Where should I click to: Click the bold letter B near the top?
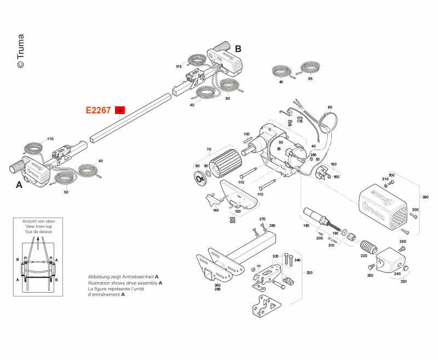(x=238, y=49)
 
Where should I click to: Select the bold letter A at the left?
(x=19, y=185)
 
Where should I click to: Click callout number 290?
(x=425, y=197)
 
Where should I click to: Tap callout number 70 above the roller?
(x=209, y=149)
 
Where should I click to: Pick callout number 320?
(x=309, y=272)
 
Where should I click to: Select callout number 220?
(x=364, y=255)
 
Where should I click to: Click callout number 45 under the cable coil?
(x=281, y=82)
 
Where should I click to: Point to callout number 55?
(x=310, y=79)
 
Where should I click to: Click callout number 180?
(x=306, y=226)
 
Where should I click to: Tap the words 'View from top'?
(x=38, y=226)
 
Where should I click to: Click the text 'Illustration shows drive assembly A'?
(x=125, y=283)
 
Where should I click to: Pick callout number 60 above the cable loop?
(x=330, y=107)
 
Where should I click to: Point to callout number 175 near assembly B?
(x=178, y=67)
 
